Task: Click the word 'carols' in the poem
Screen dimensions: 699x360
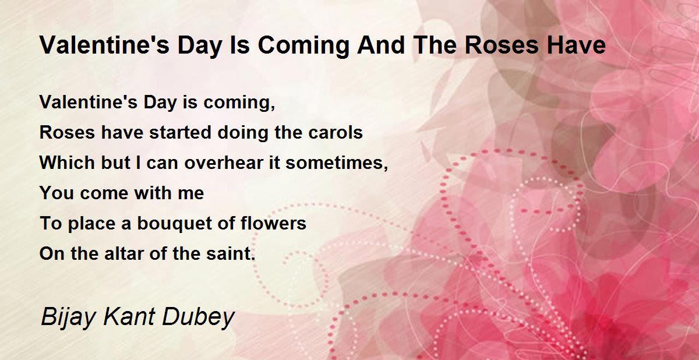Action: (336, 132)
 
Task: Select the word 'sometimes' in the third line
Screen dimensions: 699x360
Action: (334, 163)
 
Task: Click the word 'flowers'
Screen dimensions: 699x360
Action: (273, 223)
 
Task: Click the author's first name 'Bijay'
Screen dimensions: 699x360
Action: (68, 317)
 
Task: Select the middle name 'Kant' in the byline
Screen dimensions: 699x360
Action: (129, 317)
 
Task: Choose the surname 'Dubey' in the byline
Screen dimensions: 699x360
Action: (199, 317)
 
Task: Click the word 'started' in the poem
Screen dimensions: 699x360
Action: (181, 132)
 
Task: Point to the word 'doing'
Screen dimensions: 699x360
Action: (242, 133)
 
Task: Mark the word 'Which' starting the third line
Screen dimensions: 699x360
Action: (67, 163)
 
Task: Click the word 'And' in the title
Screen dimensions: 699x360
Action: (381, 45)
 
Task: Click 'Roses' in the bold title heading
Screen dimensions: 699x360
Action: (502, 45)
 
